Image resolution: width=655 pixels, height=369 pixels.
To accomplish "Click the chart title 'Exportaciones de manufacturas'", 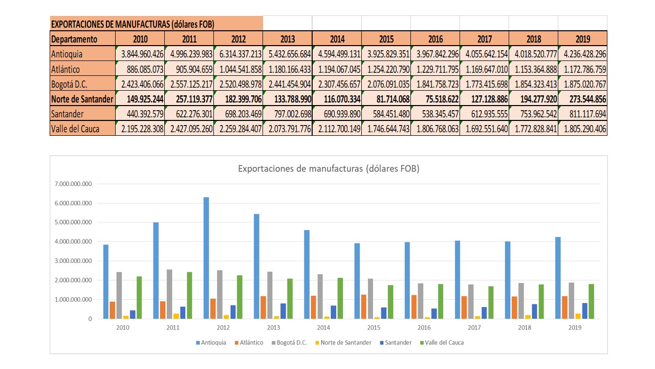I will (329, 169).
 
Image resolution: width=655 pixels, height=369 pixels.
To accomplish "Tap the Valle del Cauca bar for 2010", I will (139, 297).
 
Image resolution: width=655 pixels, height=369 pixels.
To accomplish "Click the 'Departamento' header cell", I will (74, 39).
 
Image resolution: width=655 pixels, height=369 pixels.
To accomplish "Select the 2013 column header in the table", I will (288, 39).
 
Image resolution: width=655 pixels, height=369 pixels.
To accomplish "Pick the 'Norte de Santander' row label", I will (82, 99).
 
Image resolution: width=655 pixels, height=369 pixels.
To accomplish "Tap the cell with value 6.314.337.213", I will (239, 54).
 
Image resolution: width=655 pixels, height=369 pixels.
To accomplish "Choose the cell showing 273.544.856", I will (583, 99).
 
